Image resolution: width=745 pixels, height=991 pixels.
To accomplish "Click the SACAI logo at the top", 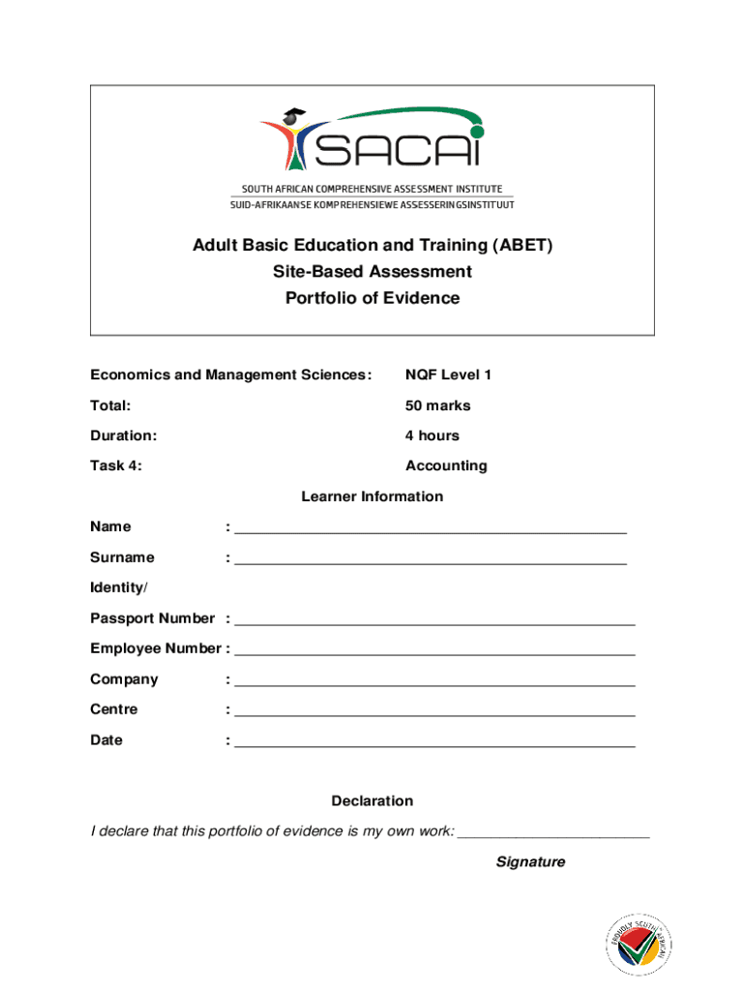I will click(x=372, y=141).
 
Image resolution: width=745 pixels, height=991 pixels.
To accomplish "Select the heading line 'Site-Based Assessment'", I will click(x=372, y=272).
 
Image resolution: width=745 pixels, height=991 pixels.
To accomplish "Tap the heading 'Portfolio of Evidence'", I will click(x=372, y=298).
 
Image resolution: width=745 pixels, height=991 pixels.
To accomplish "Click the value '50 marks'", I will click(x=437, y=405).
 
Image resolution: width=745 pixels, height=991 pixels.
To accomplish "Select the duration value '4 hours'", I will click(x=432, y=435).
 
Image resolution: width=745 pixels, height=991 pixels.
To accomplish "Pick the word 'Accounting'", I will click(x=446, y=465).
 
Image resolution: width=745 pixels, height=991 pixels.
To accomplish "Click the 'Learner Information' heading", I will click(x=372, y=496).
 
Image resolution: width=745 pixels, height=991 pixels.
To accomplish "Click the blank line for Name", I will click(x=431, y=531).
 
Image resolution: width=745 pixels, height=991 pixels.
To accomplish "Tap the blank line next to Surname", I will click(x=431, y=562).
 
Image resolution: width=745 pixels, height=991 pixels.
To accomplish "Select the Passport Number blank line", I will click(x=434, y=623).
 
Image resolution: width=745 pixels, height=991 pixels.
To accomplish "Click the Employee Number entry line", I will click(x=434, y=653).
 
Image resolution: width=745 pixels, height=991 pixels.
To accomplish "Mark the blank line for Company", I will click(x=434, y=684).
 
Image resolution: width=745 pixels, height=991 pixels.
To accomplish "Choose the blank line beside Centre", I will click(x=434, y=714).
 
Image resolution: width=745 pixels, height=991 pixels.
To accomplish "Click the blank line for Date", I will click(x=434, y=745).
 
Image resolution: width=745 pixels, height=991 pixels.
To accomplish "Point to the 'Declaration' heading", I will click(x=372, y=801).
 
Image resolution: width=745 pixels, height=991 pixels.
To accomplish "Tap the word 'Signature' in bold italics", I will click(x=530, y=861).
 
